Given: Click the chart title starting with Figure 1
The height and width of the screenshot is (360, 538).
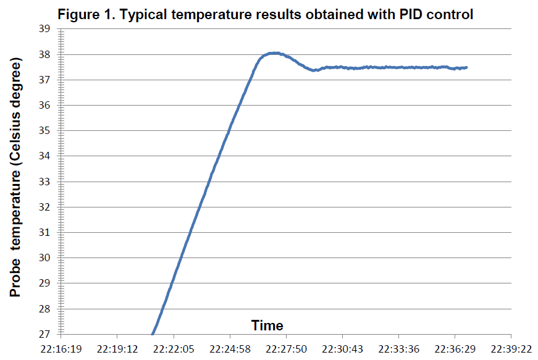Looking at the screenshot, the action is (x=265, y=15).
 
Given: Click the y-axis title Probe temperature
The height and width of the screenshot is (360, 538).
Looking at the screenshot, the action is (x=15, y=177).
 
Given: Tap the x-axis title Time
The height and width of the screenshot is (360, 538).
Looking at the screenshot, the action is (x=267, y=325).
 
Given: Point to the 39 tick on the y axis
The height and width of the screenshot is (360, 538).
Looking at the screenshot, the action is (x=44, y=29).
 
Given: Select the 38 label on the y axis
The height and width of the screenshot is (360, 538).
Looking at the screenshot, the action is (x=44, y=54).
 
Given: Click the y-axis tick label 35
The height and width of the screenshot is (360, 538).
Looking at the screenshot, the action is (x=44, y=131).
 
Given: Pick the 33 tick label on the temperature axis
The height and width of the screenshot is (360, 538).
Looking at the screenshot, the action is (x=44, y=182).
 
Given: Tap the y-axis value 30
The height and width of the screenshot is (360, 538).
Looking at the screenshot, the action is (x=44, y=258).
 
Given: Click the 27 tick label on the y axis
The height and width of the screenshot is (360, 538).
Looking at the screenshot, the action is (x=44, y=334).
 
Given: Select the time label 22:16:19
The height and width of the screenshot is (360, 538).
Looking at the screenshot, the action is (x=61, y=350).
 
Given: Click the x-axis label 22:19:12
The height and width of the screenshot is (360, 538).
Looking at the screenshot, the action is (x=117, y=350).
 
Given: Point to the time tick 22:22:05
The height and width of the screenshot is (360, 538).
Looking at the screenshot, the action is (x=174, y=350).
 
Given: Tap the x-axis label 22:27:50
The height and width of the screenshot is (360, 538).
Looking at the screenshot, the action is (x=286, y=350).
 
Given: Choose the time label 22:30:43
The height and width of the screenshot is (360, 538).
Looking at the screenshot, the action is (x=342, y=350).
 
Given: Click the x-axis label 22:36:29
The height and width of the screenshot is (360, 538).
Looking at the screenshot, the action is (x=455, y=350).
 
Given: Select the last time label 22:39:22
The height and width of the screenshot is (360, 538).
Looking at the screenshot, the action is (x=511, y=350).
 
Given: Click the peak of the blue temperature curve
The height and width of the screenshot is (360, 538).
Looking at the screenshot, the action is (x=275, y=53).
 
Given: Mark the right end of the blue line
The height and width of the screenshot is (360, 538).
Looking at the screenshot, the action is (x=466, y=67).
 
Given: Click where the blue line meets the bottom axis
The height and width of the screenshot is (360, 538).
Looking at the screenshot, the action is (x=153, y=334).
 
